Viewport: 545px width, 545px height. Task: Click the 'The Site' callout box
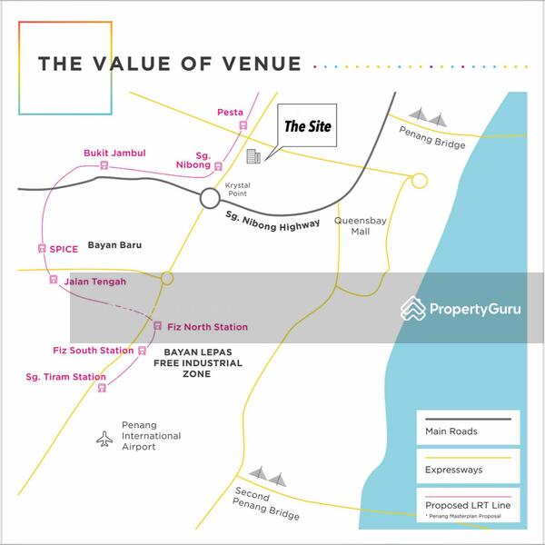click(x=307, y=127)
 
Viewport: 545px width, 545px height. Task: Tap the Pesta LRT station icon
click(x=243, y=125)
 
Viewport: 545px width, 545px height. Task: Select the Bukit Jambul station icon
click(x=104, y=165)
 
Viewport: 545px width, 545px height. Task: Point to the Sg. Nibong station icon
click(x=219, y=166)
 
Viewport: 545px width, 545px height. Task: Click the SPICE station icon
click(x=42, y=248)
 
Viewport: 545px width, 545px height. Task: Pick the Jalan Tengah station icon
click(x=54, y=281)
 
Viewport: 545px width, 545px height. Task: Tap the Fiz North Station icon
click(x=158, y=326)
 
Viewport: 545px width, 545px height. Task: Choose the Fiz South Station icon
click(x=142, y=351)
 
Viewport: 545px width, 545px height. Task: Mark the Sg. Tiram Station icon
click(x=102, y=388)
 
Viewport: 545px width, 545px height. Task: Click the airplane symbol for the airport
click(x=105, y=439)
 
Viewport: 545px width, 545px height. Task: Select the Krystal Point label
click(x=237, y=189)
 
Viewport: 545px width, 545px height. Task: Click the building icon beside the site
click(x=253, y=157)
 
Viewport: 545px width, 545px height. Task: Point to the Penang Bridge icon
click(x=428, y=116)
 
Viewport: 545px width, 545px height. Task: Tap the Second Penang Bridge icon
click(x=268, y=476)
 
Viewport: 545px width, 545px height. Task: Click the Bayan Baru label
click(x=114, y=245)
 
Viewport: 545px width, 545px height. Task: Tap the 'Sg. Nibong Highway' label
click(x=272, y=219)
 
